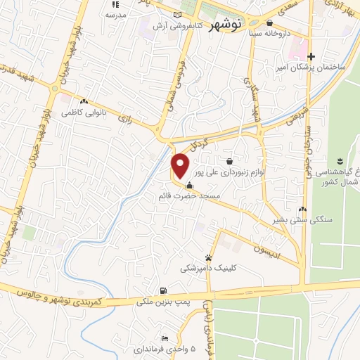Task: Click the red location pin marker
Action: click(x=181, y=165)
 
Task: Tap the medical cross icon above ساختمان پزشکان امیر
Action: click(x=311, y=56)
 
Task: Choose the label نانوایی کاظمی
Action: click(x=82, y=112)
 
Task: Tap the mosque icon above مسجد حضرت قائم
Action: click(x=188, y=186)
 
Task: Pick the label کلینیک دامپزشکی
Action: click(x=209, y=268)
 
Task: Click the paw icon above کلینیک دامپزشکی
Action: click(x=209, y=257)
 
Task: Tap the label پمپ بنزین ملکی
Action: click(x=163, y=302)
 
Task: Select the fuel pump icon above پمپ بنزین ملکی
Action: click(x=163, y=291)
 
